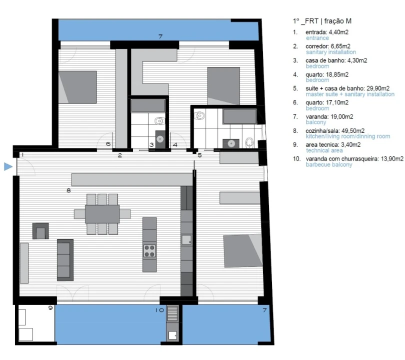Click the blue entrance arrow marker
pos(8,166)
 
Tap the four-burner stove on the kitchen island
pos(149,251)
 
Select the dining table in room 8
pos(102,214)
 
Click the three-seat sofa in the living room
pos(65,260)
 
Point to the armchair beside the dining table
pos(40,231)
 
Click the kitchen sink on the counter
pos(186,240)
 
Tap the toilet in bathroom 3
pos(159,120)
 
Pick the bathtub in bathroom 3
pos(148,105)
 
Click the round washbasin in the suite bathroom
pos(231,143)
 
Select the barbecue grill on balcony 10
pos(172,313)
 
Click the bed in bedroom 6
pos(77,87)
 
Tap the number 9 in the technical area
pos(50,307)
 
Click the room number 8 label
pos(68,190)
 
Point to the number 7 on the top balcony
pos(160,36)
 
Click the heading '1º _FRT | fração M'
pos(322,21)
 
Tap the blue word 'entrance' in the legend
pos(317,38)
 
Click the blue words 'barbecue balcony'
pos(329,164)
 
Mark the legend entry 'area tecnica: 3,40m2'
pos(333,144)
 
